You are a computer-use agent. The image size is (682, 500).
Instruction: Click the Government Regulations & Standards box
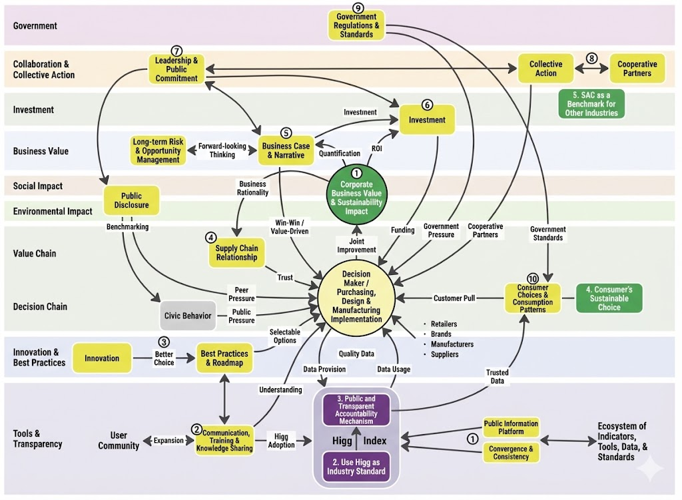pos(356,26)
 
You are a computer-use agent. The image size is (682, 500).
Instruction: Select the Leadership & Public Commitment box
pos(176,69)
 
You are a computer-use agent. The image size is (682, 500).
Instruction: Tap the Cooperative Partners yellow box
pos(637,69)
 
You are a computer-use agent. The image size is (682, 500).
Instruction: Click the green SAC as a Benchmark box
pos(591,104)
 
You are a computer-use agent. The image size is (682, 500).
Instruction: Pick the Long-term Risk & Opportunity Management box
pos(158,150)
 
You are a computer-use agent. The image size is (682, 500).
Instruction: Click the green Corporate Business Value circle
pos(356,194)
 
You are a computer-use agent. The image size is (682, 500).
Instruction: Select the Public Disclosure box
pos(131,200)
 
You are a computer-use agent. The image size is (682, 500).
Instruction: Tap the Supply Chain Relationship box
pos(236,252)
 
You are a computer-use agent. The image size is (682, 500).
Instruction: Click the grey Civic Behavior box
pos(188,316)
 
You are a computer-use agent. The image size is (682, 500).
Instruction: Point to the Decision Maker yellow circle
pos(356,297)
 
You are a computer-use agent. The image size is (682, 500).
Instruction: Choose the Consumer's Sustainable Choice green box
pos(609,298)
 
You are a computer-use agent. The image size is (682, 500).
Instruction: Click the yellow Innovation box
pos(102,358)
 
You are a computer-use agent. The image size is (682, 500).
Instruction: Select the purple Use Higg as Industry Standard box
pos(356,467)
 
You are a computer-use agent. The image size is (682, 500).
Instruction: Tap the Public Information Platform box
pos(511,427)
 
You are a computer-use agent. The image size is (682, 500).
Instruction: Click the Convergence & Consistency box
pos(511,453)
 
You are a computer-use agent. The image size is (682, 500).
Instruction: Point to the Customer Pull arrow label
pos(454,298)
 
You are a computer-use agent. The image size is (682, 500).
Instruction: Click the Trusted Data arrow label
pos(497,377)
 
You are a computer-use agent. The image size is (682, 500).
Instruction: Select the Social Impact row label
pos(38,186)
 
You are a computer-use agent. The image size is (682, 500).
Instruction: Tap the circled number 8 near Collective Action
pos(591,59)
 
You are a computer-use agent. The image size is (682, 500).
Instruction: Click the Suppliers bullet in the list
pos(441,354)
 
